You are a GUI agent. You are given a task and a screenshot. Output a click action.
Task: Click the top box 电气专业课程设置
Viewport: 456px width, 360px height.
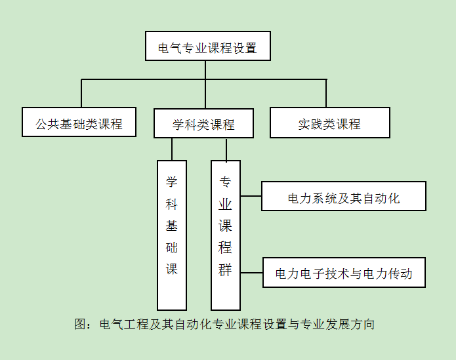(207, 47)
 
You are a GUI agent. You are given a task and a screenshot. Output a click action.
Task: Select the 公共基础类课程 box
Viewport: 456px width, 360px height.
(79, 122)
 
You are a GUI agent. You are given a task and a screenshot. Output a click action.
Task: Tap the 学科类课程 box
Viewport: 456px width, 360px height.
(203, 123)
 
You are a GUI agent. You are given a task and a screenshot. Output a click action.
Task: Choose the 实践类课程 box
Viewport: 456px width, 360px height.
(329, 123)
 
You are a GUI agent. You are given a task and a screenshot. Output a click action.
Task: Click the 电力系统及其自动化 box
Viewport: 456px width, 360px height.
(343, 197)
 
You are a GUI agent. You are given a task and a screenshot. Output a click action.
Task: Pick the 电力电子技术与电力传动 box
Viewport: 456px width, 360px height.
(343, 273)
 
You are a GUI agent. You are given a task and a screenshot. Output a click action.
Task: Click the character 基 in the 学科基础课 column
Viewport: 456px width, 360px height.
(172, 226)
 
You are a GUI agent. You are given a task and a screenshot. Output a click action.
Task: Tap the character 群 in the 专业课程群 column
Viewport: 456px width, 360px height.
(226, 270)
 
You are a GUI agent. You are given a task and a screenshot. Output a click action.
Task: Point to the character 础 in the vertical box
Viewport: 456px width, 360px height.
(172, 248)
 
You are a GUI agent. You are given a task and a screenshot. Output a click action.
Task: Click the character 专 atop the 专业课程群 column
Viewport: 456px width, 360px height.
(226, 182)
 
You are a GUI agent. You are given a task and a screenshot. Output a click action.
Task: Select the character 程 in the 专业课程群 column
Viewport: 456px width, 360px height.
(226, 248)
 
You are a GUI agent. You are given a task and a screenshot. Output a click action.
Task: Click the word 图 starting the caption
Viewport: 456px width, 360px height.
(81, 323)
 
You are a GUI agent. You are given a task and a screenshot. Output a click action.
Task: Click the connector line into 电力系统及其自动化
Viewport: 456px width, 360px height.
(251, 195)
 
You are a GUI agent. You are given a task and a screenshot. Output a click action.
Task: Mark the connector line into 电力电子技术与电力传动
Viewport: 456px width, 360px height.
(251, 271)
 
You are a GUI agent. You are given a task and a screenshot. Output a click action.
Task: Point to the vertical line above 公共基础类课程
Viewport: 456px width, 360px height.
(81, 93)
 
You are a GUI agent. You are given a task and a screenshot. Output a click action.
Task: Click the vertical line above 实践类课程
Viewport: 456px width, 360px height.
(326, 93)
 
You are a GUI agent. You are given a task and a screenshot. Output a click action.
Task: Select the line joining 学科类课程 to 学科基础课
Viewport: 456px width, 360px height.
(172, 149)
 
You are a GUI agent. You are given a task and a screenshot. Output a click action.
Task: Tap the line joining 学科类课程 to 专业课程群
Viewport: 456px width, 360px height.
(226, 149)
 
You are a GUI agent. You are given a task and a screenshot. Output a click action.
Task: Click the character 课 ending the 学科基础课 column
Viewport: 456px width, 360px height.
(172, 270)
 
